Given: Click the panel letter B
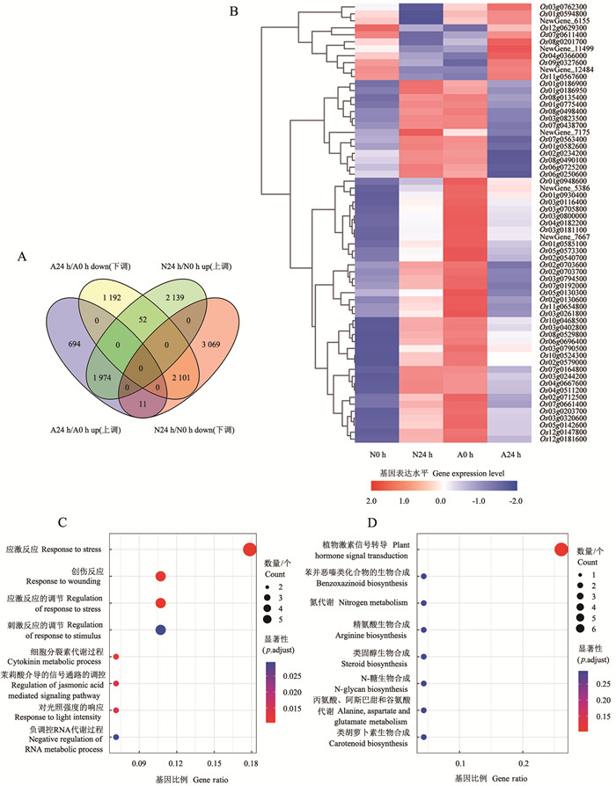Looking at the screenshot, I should (x=233, y=11).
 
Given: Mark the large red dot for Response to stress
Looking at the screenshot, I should (x=249, y=550).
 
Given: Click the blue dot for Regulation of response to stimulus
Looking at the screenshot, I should (x=160, y=630).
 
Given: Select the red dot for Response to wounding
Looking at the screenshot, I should (x=160, y=577).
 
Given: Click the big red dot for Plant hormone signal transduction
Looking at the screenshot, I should (x=561, y=550).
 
